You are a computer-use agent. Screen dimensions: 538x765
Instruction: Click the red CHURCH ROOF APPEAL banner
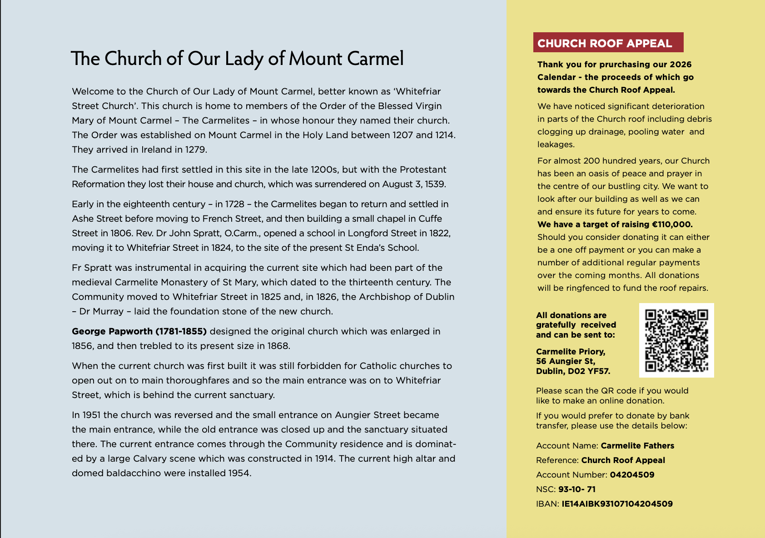click(x=608, y=43)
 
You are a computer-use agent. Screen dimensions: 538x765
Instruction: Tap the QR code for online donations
click(x=676, y=340)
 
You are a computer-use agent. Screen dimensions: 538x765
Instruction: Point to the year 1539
click(x=435, y=184)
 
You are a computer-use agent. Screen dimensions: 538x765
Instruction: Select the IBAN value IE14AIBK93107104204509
click(x=617, y=504)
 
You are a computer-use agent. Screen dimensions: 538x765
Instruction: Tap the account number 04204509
click(x=632, y=475)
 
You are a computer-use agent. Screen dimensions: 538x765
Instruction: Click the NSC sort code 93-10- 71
click(x=576, y=489)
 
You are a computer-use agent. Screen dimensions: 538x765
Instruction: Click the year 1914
click(x=324, y=458)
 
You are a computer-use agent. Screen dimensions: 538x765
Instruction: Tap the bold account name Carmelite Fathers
click(x=637, y=446)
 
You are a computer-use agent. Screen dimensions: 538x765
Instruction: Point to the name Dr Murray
click(x=101, y=311)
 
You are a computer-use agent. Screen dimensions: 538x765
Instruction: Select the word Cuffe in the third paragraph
click(x=430, y=219)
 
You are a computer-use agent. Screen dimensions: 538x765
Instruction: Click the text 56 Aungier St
click(x=565, y=361)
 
